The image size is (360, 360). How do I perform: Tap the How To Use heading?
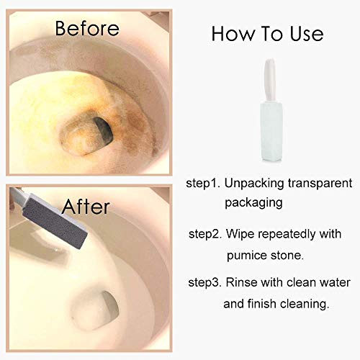point(267,34)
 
